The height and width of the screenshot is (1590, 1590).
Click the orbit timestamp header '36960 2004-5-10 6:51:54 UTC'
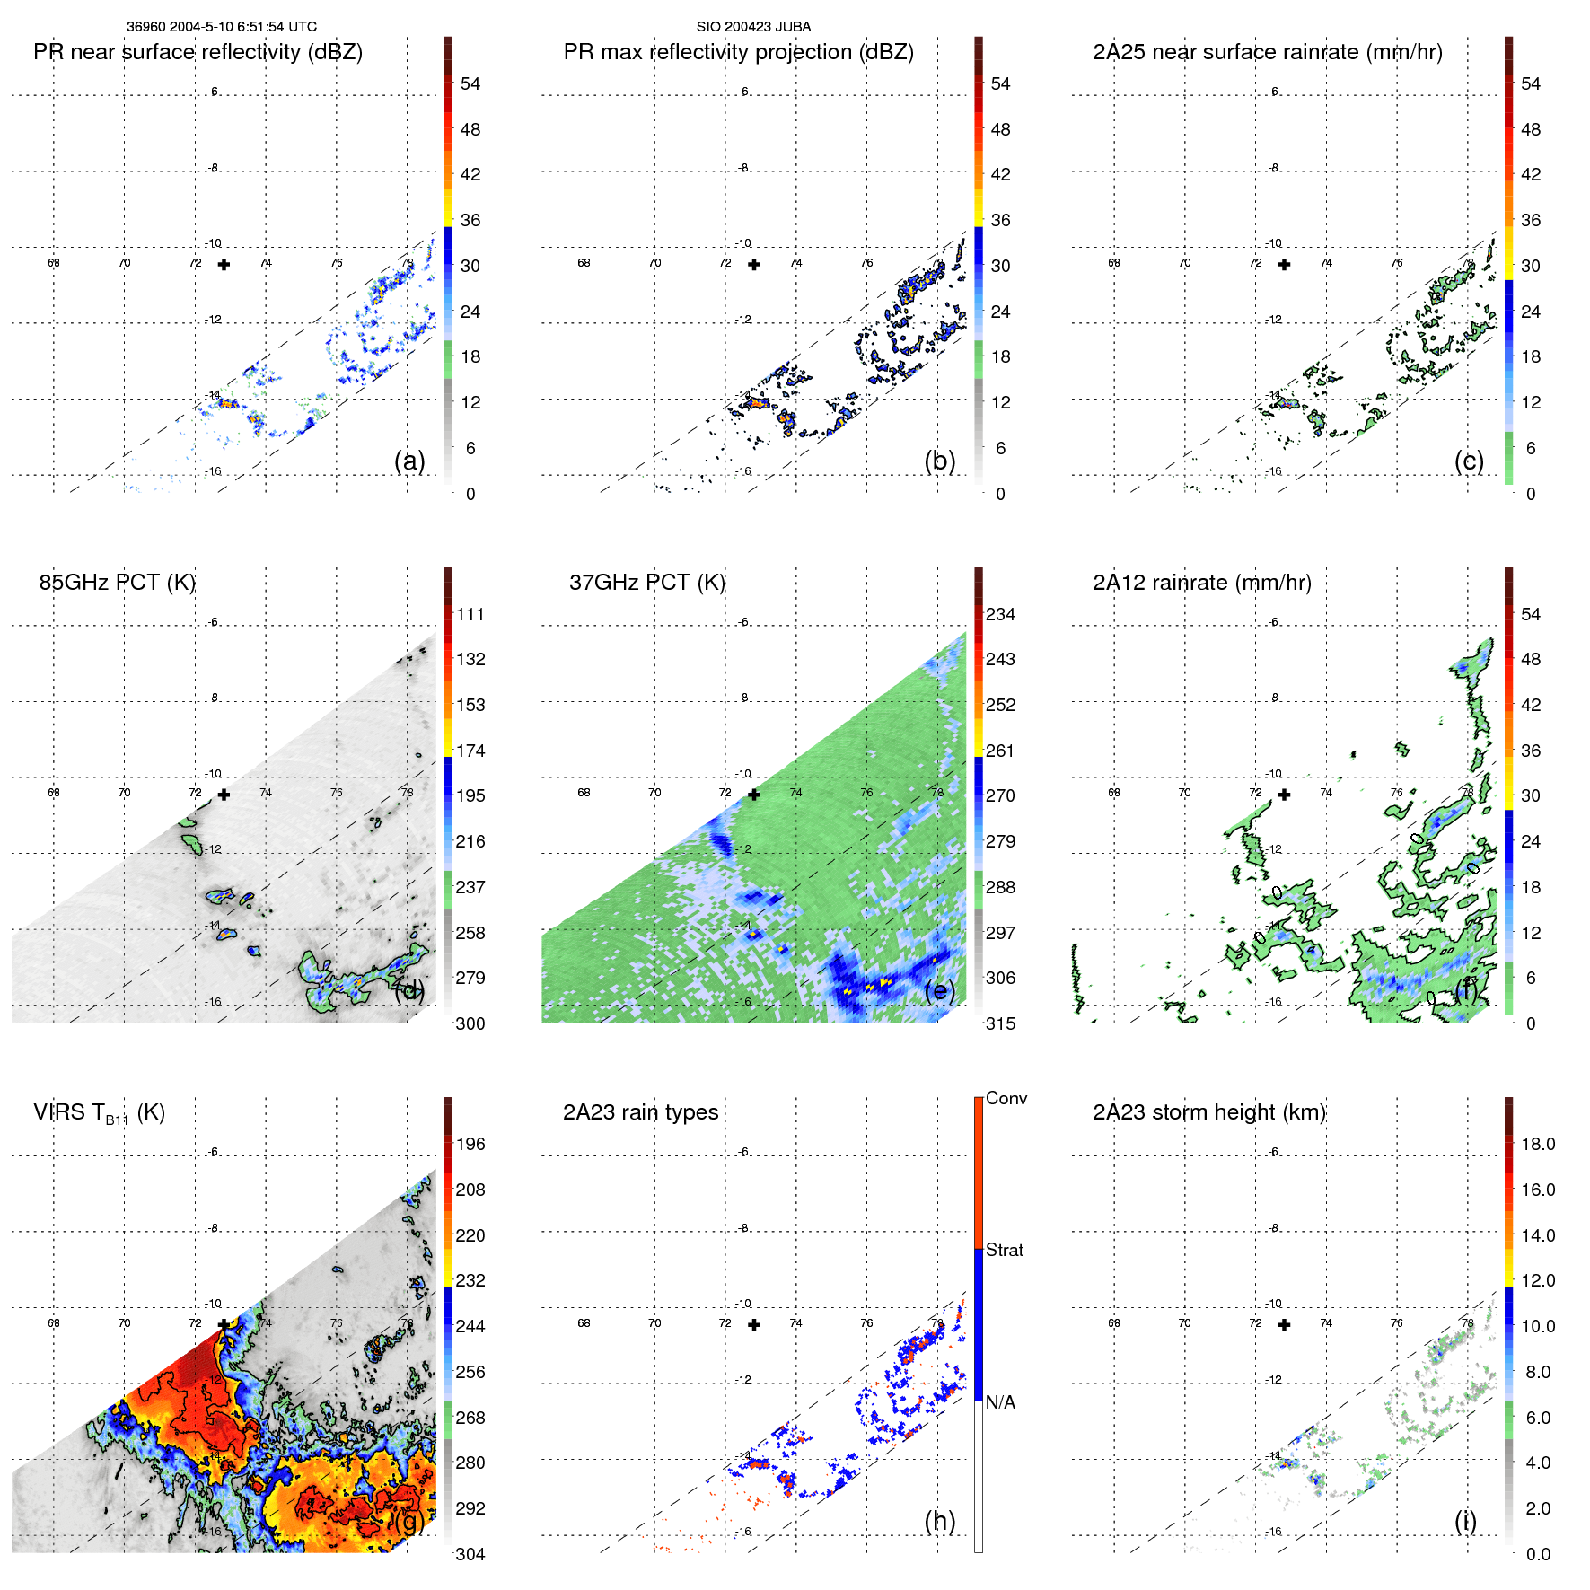(x=221, y=27)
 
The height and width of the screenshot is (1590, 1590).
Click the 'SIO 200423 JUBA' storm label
(x=753, y=27)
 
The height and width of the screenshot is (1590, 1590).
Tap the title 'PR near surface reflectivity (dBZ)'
(x=198, y=52)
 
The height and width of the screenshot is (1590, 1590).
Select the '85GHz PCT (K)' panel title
(x=117, y=583)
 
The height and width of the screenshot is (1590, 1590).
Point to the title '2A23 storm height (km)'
(x=1208, y=1112)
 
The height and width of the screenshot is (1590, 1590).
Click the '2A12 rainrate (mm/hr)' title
(x=1201, y=583)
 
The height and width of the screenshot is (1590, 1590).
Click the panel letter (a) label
(x=409, y=461)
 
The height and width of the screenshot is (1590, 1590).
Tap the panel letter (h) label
(x=939, y=1521)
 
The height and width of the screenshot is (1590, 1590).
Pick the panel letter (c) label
(x=1469, y=461)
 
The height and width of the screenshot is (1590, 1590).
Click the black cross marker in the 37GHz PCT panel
(x=754, y=795)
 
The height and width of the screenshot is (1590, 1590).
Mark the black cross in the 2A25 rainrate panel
(x=1284, y=265)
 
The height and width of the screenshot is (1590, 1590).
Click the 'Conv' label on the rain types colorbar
(x=1006, y=1098)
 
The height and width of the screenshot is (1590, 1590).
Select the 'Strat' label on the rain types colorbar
(x=1004, y=1250)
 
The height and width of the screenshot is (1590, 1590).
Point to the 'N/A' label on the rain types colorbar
(x=999, y=1402)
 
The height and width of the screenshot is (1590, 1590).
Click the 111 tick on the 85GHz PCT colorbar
(x=470, y=614)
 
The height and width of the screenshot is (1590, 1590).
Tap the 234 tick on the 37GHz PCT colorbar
(x=1000, y=614)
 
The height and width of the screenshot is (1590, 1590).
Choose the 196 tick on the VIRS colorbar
(x=470, y=1144)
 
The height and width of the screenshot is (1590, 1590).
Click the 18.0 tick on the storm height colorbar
(x=1537, y=1144)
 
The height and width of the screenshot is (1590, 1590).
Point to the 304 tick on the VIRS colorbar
(x=470, y=1554)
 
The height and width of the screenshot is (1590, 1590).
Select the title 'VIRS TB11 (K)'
(x=99, y=1113)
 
